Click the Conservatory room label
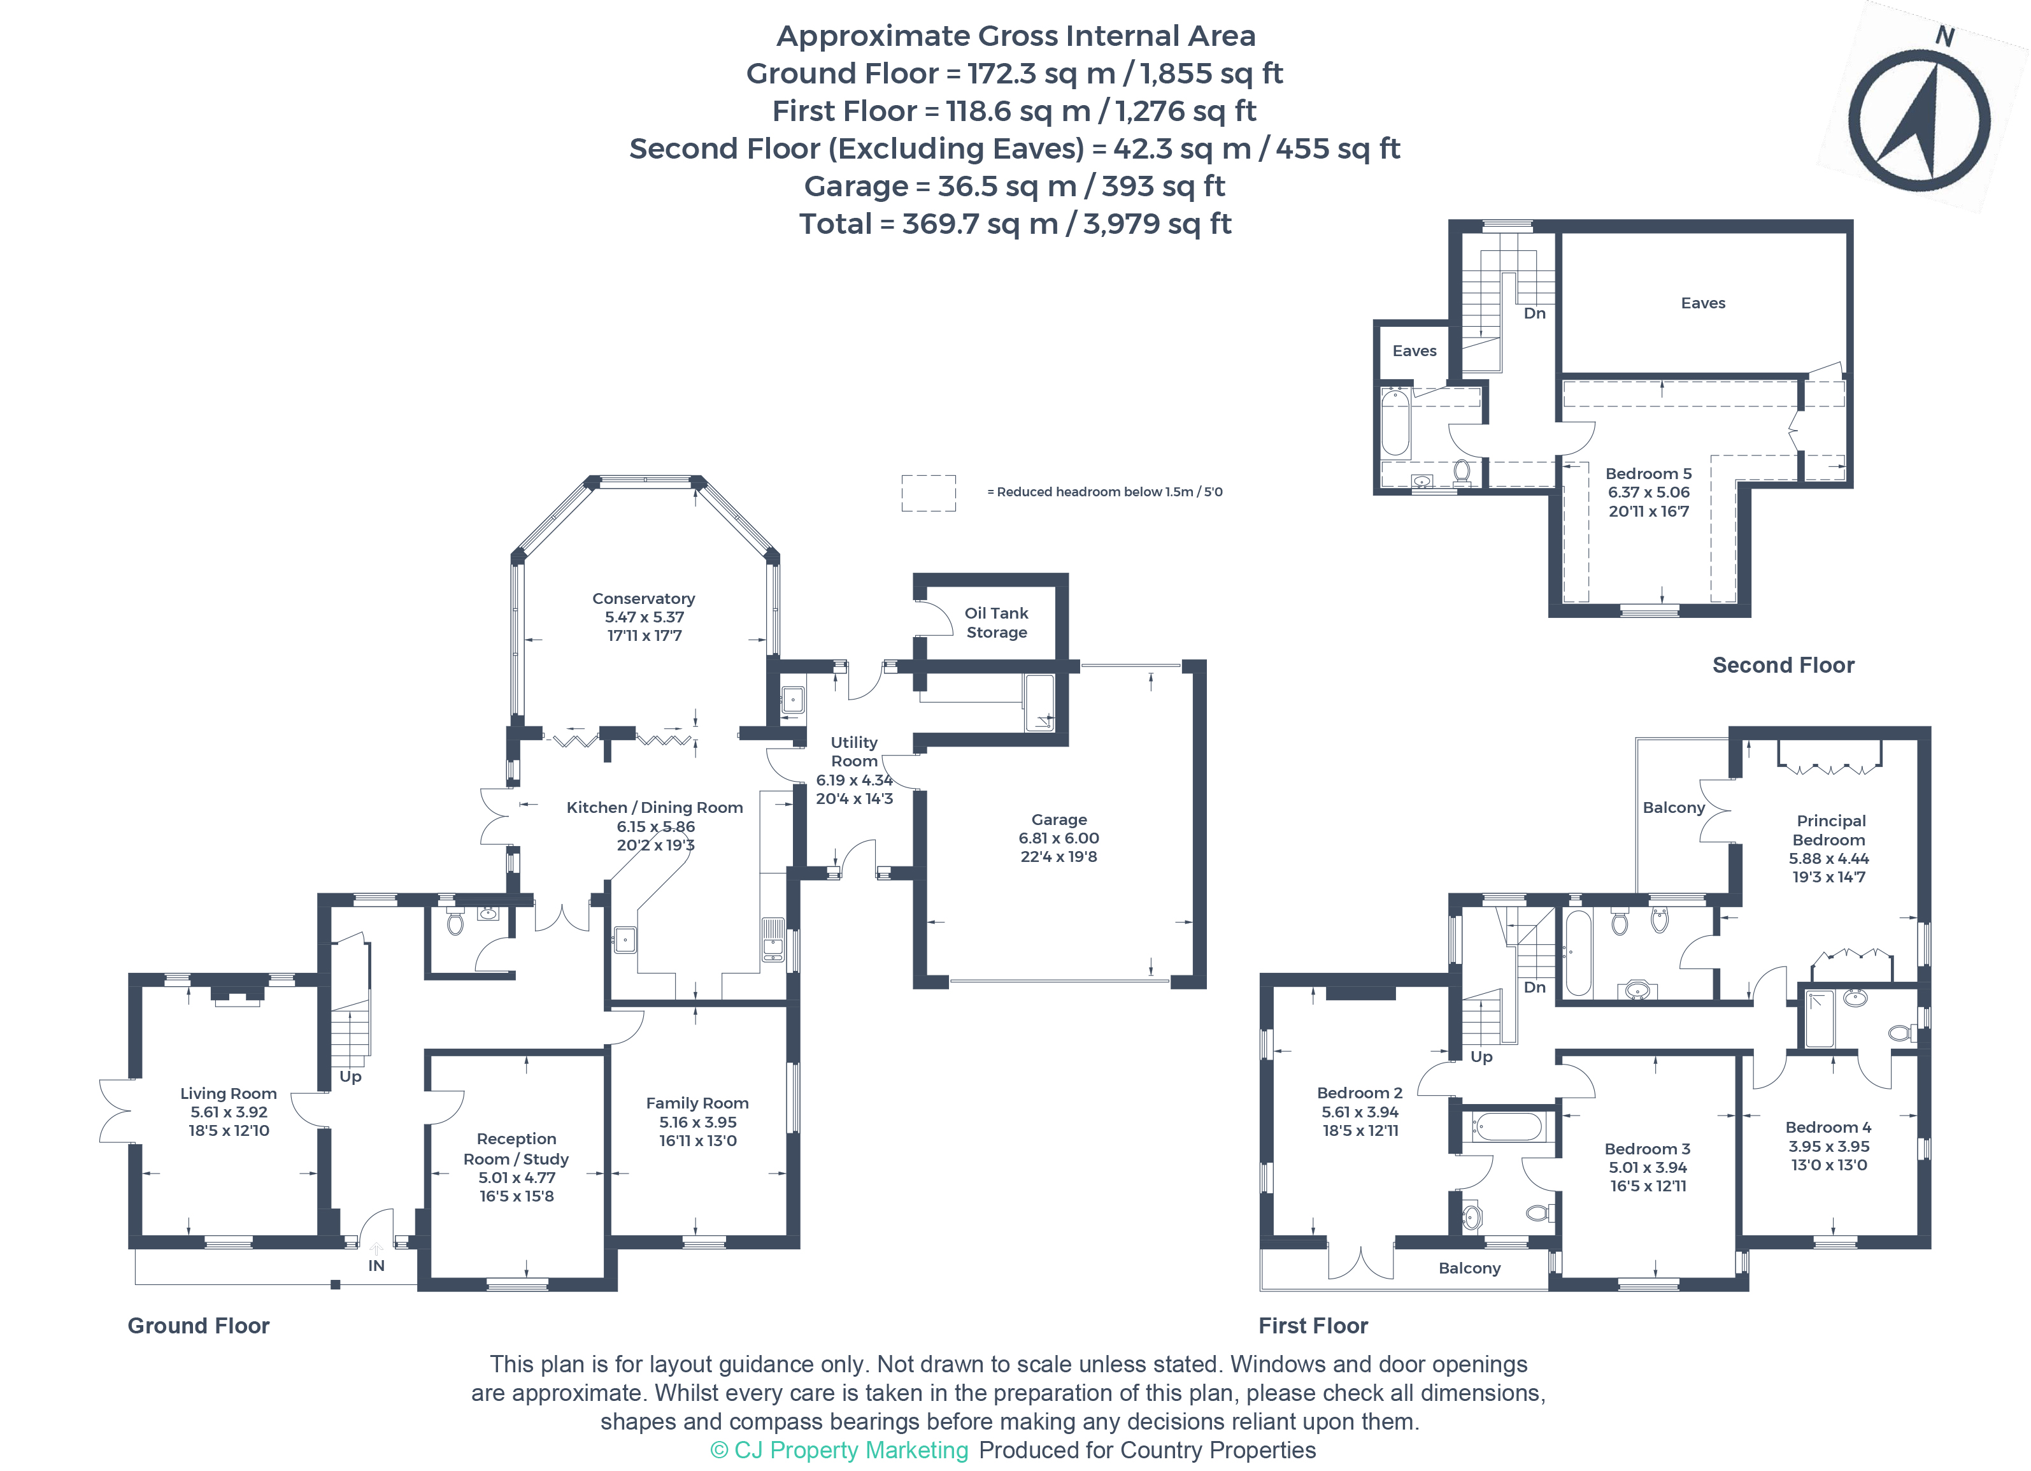coord(643,598)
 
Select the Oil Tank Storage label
coord(996,622)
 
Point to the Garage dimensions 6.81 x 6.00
coord(1058,838)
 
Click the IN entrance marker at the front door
coord(376,1265)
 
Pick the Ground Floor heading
coord(198,1326)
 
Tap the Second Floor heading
coord(1783,664)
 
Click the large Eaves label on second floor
coord(1702,303)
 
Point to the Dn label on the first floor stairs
coord(1534,987)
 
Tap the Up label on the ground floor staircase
coord(350,1077)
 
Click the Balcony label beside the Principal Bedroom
coord(1673,808)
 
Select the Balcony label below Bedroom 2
coord(1469,1268)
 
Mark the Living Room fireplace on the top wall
coord(238,995)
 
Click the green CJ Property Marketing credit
coord(839,1451)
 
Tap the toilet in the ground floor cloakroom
coord(455,922)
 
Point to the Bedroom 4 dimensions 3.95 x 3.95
coord(1828,1147)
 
